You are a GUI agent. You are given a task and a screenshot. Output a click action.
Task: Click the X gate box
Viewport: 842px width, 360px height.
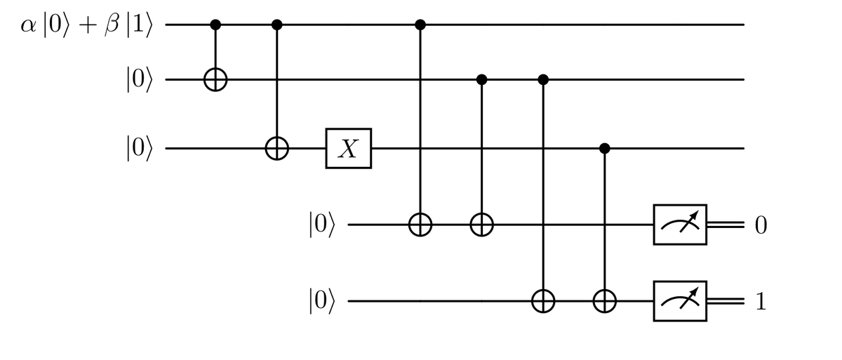pyautogui.click(x=348, y=149)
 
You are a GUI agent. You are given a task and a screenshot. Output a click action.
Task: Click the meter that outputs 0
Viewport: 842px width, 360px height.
pyautogui.click(x=680, y=225)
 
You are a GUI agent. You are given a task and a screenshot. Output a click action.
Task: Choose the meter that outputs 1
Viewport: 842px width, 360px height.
pyautogui.click(x=680, y=302)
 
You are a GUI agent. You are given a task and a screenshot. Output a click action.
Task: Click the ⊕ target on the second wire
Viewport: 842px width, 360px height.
pyautogui.click(x=215, y=80)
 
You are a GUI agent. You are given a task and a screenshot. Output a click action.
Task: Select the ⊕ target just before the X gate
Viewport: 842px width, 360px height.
pyautogui.click(x=276, y=149)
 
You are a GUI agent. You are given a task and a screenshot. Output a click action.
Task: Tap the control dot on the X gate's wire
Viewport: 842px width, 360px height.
pyautogui.click(x=604, y=149)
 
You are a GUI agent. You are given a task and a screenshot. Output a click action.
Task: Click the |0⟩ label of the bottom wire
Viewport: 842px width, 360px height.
pyautogui.click(x=322, y=302)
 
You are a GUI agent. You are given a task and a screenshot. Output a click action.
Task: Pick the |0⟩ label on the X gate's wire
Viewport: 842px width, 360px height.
pyautogui.click(x=138, y=149)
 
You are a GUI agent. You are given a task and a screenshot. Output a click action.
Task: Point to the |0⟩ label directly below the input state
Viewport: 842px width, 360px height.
pyautogui.click(x=138, y=80)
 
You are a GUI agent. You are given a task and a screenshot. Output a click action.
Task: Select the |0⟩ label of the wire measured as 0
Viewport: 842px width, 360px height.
pyautogui.click(x=322, y=225)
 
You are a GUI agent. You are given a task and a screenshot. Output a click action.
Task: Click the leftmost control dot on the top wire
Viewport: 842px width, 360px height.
pyautogui.click(x=215, y=25)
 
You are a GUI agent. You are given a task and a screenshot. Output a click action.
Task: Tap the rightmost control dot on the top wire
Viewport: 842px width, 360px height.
pyautogui.click(x=420, y=25)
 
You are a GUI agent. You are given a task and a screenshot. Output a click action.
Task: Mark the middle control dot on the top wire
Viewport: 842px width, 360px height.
pyautogui.click(x=276, y=25)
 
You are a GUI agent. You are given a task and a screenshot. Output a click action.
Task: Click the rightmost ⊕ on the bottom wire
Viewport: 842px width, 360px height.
pyautogui.click(x=604, y=302)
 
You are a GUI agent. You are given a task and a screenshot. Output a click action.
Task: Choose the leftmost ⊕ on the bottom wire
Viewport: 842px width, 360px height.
pyautogui.click(x=543, y=302)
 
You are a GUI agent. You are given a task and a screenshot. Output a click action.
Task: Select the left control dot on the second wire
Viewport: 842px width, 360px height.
pyautogui.click(x=481, y=80)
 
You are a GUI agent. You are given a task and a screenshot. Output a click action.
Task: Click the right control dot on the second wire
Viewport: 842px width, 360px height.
pyautogui.click(x=543, y=80)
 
